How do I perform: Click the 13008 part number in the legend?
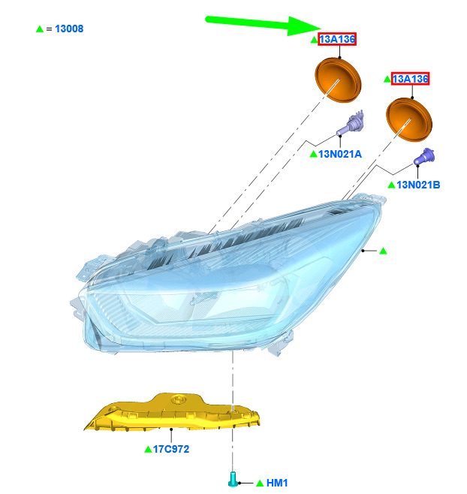tap(69, 29)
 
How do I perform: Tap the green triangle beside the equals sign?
tap(40, 29)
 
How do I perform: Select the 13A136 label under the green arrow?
tap(337, 39)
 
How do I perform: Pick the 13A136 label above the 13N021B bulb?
tap(410, 79)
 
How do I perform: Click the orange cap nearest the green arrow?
tap(338, 80)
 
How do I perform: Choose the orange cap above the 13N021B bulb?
tap(409, 119)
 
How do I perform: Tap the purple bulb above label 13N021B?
tap(424, 156)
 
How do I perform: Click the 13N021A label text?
tap(340, 154)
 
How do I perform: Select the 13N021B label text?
tap(418, 185)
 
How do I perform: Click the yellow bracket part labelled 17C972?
tap(173, 412)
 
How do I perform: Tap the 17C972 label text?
tap(171, 449)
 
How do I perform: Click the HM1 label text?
tap(277, 483)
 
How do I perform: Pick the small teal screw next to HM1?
tap(233, 479)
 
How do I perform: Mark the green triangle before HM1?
tap(260, 483)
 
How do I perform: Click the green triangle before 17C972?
tap(148, 449)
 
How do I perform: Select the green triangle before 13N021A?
tap(314, 154)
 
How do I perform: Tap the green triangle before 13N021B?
tap(391, 185)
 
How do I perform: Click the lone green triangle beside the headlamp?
tap(383, 251)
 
